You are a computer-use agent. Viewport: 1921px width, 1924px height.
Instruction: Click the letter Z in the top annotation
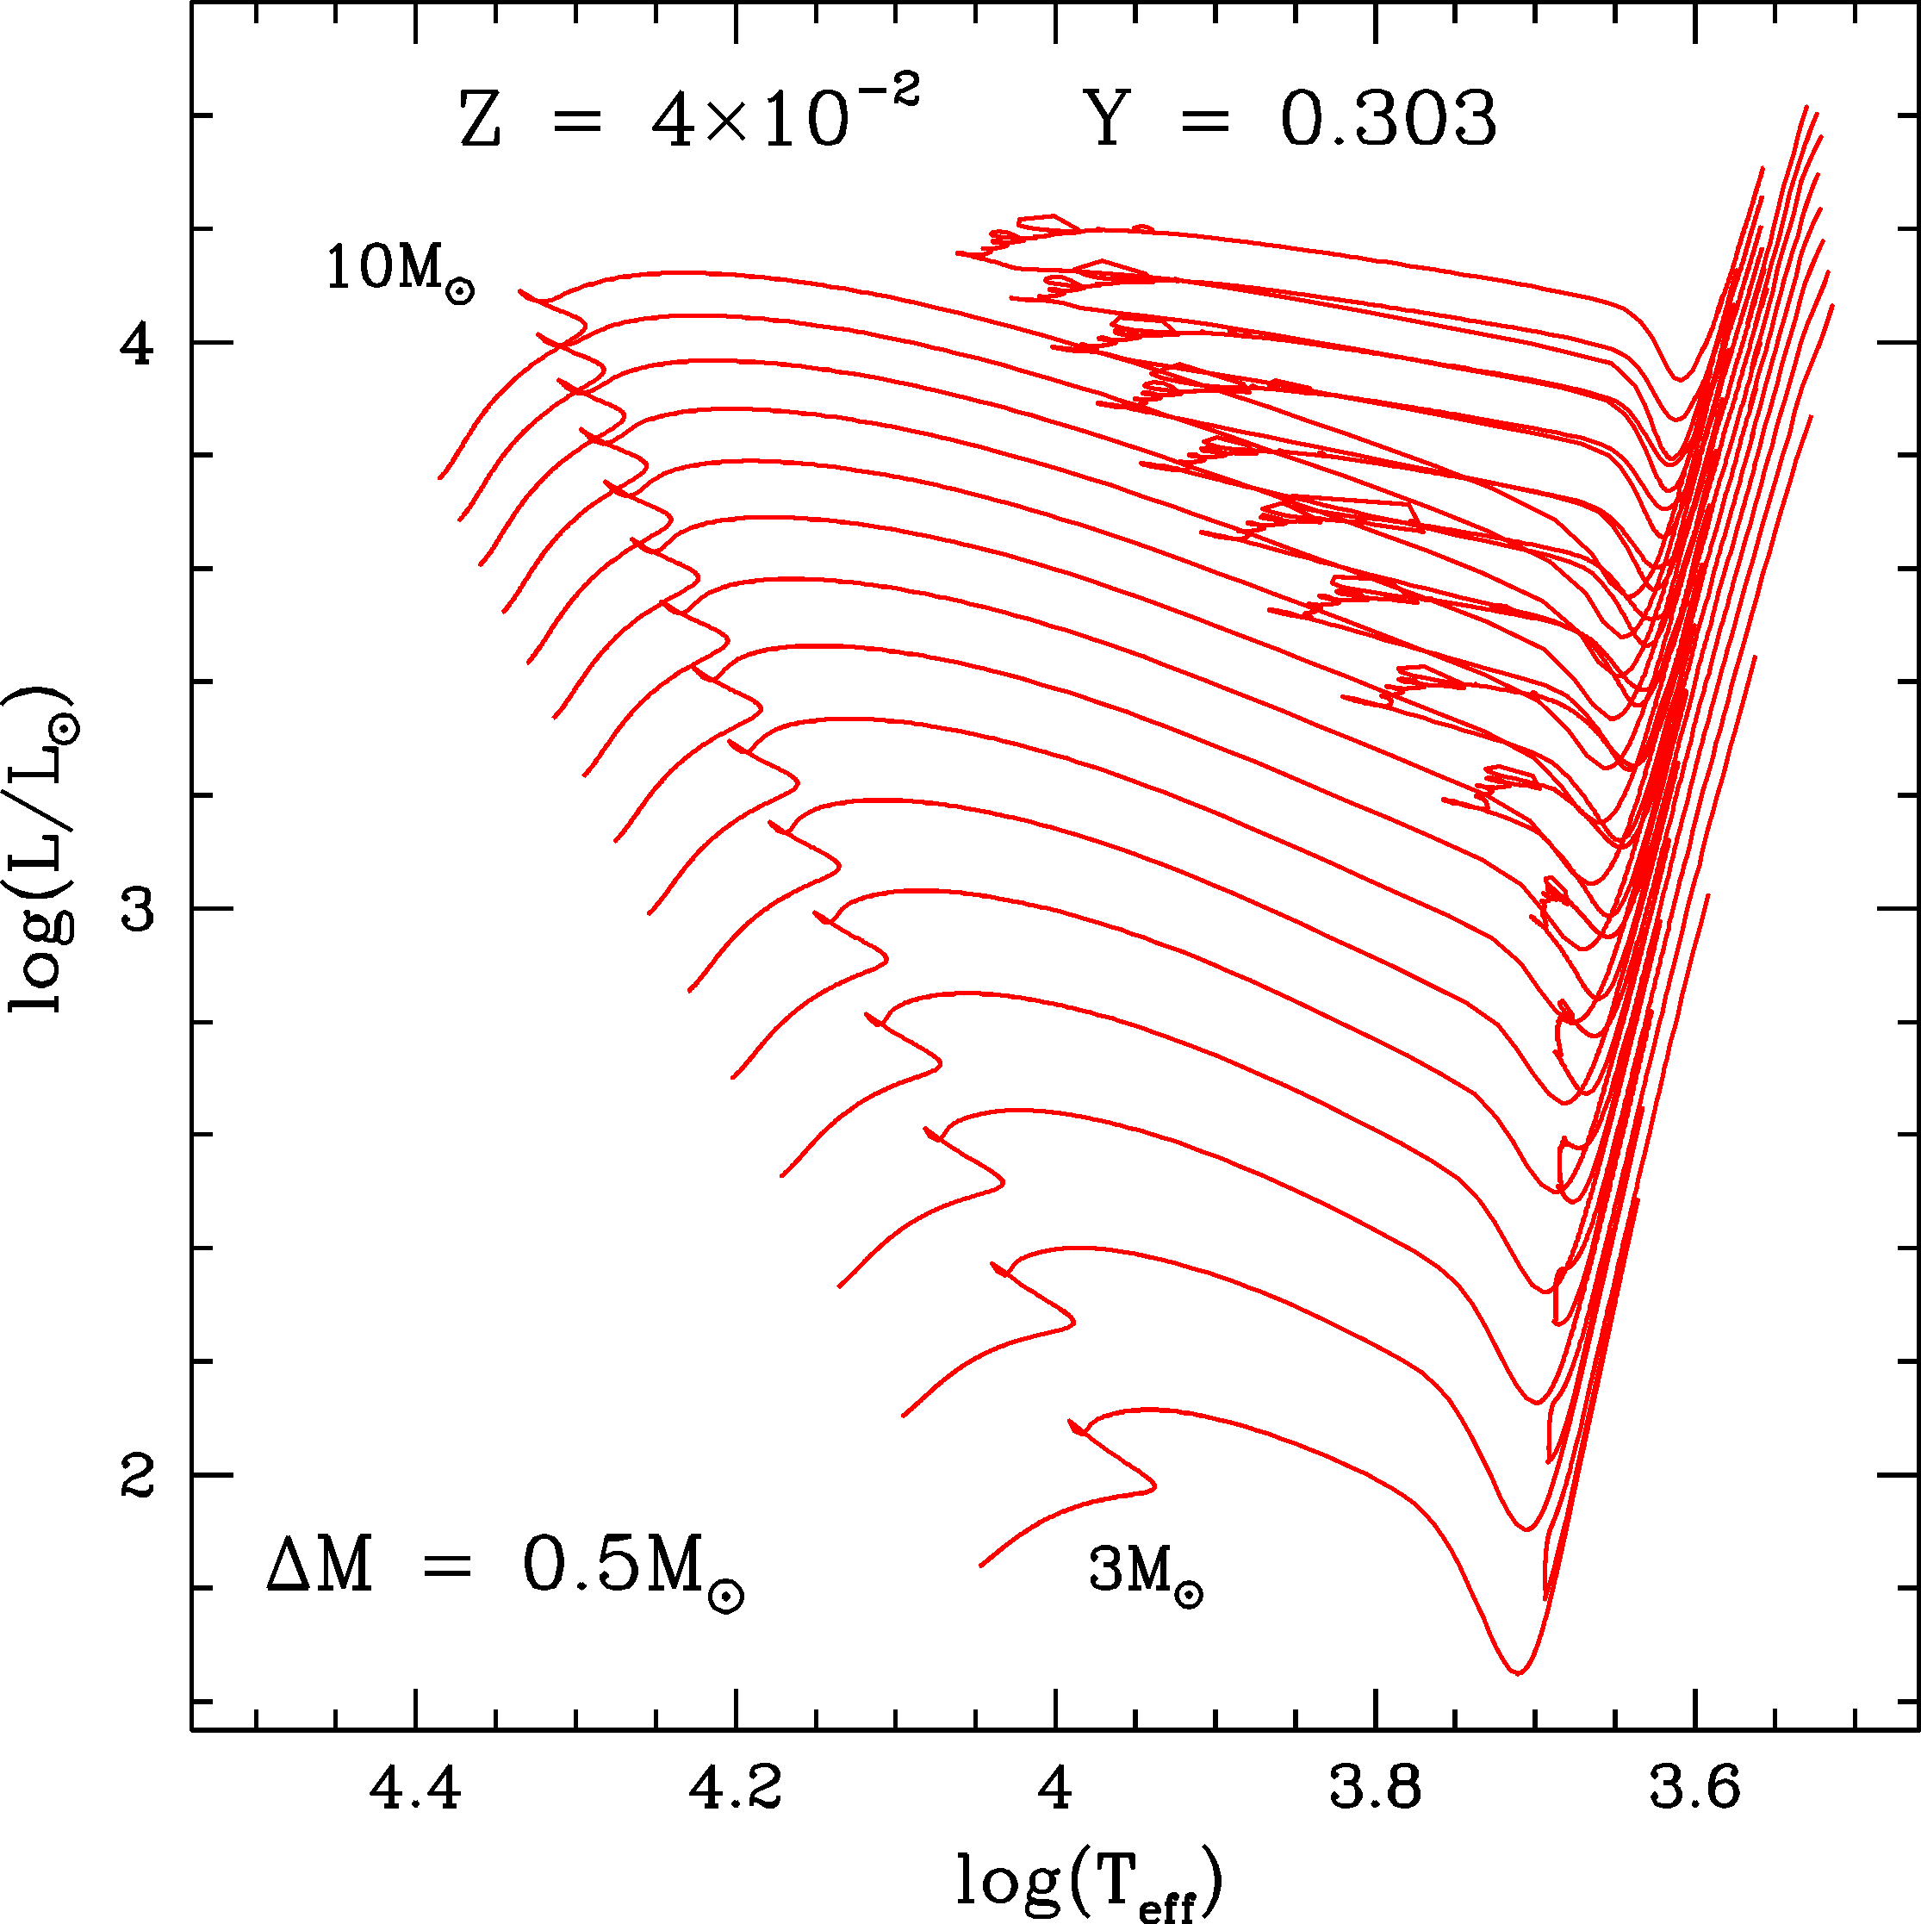coord(480,121)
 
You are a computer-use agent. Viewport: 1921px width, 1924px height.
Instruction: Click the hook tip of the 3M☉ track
coord(1155,1488)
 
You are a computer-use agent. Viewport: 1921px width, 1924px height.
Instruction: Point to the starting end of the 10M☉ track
coord(440,478)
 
